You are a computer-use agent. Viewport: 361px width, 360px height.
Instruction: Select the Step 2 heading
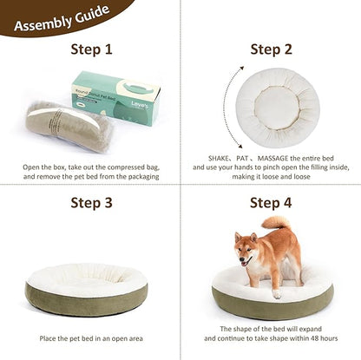[272, 49]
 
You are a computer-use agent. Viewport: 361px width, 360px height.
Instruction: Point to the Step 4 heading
[272, 203]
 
